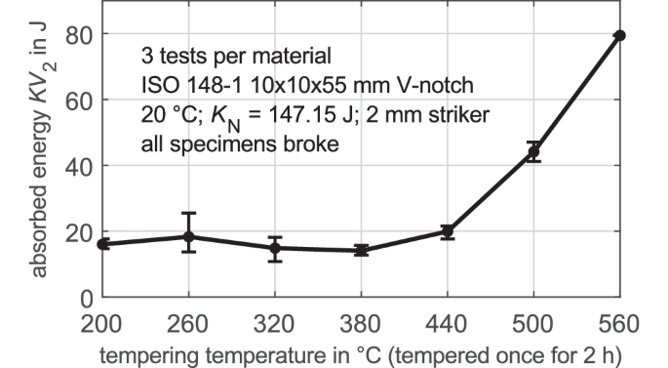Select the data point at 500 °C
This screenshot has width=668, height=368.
coord(533,152)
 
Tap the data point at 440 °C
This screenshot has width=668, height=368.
coord(447,231)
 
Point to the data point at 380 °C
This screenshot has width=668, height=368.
coord(361,250)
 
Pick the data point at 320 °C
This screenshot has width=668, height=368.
coord(275,248)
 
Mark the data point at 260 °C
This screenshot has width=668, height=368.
coord(189,236)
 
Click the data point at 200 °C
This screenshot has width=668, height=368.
coord(103,244)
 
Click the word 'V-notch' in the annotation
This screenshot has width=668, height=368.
coord(428,83)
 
